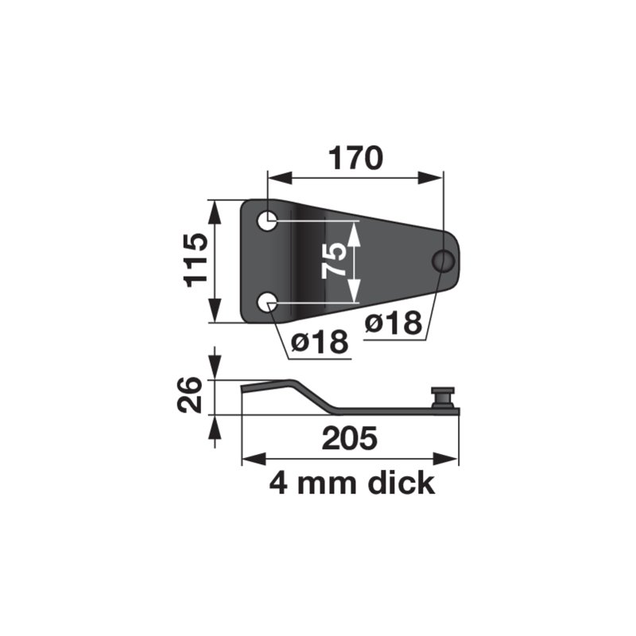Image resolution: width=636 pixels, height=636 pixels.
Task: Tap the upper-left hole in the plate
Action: [x=270, y=220]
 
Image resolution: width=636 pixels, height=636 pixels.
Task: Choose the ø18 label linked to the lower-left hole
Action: [x=320, y=343]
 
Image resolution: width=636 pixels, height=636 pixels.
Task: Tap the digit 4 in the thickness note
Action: [x=279, y=483]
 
